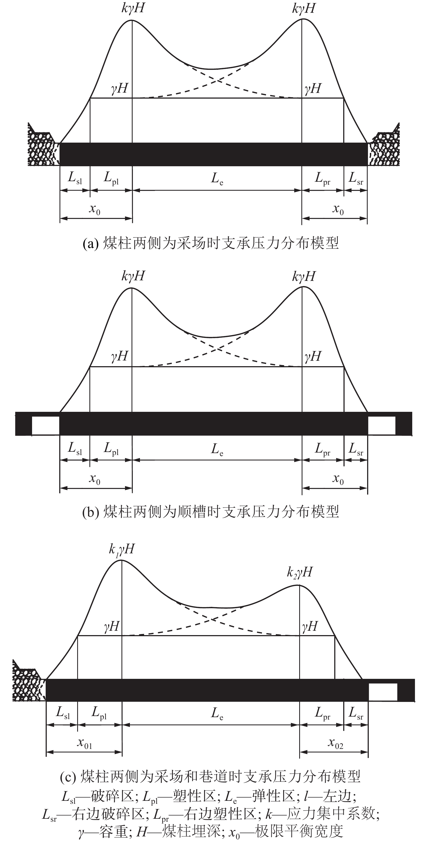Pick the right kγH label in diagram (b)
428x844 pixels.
304,276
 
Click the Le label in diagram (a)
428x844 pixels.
217,178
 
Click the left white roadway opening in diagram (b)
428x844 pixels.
46,425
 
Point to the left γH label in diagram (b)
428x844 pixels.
119,356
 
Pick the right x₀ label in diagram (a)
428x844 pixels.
338,209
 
